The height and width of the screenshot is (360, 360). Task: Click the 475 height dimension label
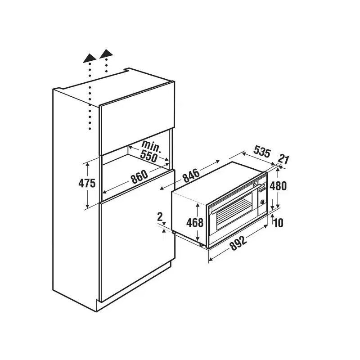pos(87,183)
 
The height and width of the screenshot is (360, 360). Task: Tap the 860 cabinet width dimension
pos(139,177)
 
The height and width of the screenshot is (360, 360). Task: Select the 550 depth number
pos(149,156)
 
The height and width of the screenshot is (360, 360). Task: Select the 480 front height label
pos(278,186)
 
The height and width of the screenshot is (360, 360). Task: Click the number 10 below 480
pos(279,223)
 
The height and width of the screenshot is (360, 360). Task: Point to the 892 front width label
pos(238,243)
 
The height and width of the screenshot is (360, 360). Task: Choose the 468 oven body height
pos(195,222)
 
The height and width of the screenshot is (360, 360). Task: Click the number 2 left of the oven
pos(160,217)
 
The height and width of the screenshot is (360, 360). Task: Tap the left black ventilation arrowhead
pos(90,58)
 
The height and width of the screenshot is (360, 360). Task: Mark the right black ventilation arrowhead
pos(106,53)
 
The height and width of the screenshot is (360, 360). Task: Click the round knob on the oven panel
pos(262,202)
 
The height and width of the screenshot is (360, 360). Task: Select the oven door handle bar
pos(234,199)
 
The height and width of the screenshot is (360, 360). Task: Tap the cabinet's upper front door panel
pos(137,118)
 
